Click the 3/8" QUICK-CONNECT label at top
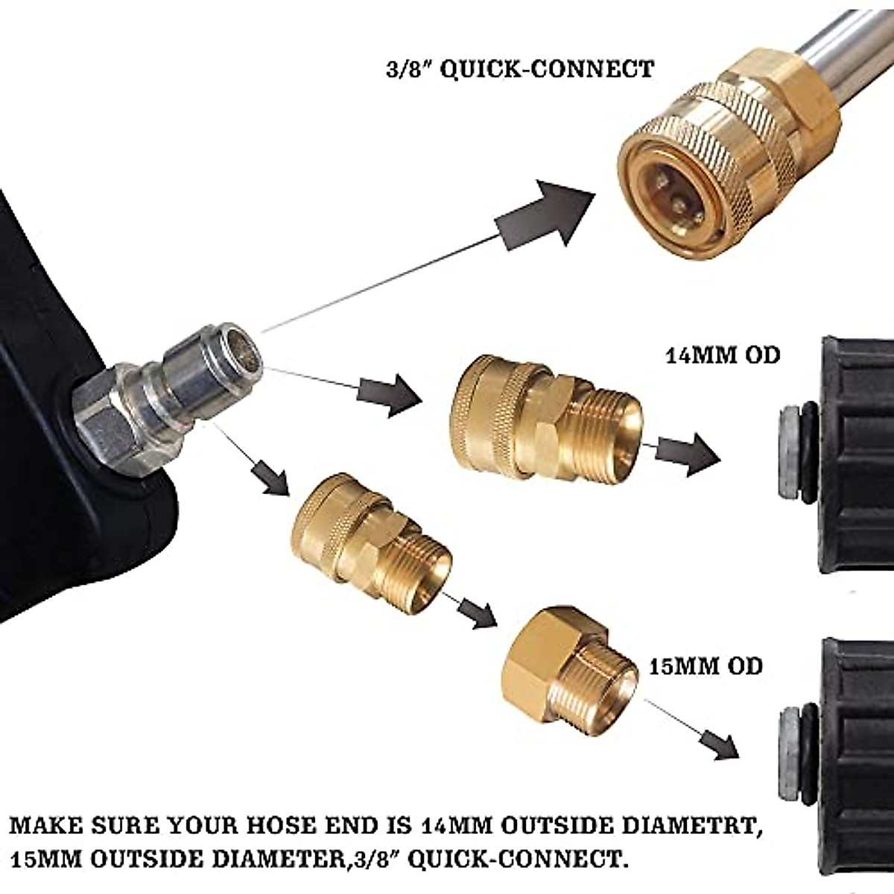pyautogui.click(x=516, y=69)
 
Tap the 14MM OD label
pyautogui.click(x=722, y=355)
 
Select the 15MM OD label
pyautogui.click(x=706, y=665)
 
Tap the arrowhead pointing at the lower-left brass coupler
pyautogui.click(x=272, y=477)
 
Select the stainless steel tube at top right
pyautogui.click(x=849, y=52)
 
